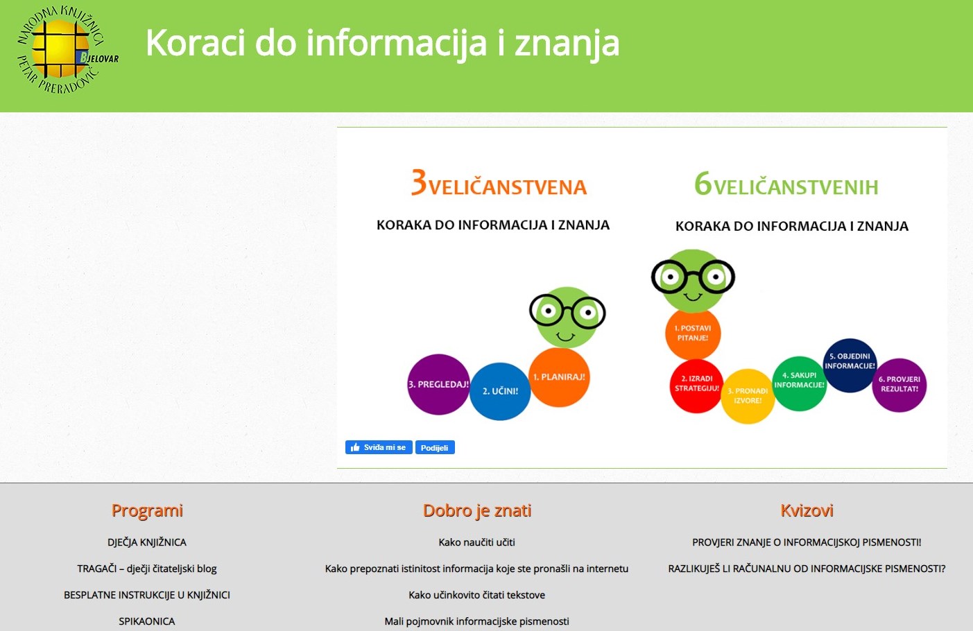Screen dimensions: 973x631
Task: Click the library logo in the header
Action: (67, 50)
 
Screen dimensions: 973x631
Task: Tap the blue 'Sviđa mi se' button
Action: (379, 447)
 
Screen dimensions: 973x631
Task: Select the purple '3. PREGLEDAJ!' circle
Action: (439, 384)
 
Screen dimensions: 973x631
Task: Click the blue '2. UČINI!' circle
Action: (500, 391)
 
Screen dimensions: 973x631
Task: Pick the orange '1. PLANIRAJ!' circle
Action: (559, 377)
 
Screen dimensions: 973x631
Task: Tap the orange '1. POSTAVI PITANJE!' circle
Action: (693, 333)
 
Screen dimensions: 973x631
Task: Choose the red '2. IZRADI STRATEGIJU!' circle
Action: (696, 386)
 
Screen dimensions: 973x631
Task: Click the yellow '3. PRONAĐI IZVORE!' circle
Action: (748, 396)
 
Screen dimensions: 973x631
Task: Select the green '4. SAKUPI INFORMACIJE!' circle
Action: (799, 383)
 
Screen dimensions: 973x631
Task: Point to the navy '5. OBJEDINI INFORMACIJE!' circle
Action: (850, 365)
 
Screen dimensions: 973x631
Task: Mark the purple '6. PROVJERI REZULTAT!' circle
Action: (899, 385)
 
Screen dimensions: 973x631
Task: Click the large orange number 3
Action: (419, 182)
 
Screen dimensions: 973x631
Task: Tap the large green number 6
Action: (703, 183)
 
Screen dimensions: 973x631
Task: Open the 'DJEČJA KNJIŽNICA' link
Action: (147, 542)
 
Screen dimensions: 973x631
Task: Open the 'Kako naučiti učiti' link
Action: (476, 542)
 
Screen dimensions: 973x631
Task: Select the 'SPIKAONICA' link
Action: (147, 621)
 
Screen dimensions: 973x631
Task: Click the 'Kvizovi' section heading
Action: (807, 510)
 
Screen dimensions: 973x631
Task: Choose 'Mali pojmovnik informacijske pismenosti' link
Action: (476, 621)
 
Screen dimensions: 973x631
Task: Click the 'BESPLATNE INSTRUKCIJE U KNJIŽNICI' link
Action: (147, 595)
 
